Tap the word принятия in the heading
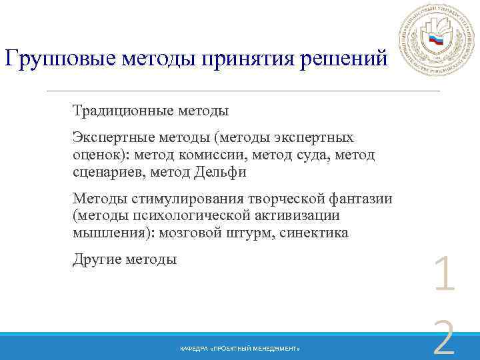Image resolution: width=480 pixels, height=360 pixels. pos(262,59)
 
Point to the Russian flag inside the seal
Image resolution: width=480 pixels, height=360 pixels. pos(436,39)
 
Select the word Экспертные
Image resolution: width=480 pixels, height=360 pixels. pos(113,138)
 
